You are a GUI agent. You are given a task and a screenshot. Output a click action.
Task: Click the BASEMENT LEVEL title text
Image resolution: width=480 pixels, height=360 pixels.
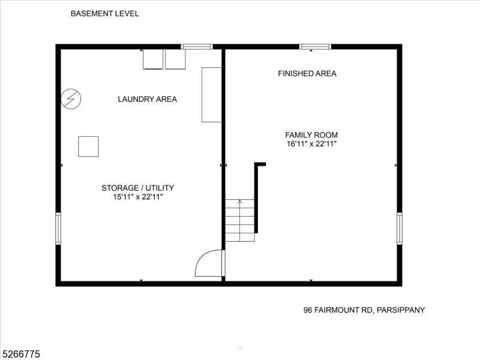click(105, 13)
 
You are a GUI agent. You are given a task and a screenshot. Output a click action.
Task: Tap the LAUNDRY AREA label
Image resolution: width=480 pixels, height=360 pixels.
click(147, 99)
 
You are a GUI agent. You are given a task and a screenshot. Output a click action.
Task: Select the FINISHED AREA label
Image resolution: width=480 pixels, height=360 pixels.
click(307, 74)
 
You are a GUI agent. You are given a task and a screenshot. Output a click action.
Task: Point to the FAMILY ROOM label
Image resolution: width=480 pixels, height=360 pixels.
click(311, 135)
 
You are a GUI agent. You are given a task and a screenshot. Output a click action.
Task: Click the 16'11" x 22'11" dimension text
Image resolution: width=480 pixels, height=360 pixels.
click(311, 144)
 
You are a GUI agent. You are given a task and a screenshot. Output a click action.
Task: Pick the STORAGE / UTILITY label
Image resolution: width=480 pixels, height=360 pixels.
click(137, 188)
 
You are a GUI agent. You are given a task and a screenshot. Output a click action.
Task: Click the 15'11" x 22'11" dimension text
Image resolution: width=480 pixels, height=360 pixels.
click(137, 197)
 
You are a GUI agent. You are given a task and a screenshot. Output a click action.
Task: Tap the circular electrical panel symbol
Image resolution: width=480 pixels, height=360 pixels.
click(71, 98)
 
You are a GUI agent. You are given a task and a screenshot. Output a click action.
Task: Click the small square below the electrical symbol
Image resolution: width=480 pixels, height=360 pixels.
click(88, 146)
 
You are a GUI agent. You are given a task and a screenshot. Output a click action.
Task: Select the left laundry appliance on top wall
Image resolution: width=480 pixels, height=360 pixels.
click(153, 59)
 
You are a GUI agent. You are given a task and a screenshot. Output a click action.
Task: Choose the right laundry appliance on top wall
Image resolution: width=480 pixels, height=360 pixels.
click(175, 59)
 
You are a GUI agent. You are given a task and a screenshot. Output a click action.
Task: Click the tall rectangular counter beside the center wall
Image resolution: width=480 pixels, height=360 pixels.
click(212, 95)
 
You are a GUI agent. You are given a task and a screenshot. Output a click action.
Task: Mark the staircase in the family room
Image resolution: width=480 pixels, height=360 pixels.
click(240, 220)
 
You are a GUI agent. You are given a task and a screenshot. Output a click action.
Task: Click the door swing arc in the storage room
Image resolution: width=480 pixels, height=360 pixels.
click(208, 264)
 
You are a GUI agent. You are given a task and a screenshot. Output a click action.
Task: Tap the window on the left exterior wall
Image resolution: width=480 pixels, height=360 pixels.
click(58, 229)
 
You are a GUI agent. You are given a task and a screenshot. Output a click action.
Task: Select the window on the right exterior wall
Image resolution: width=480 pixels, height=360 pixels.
click(400, 229)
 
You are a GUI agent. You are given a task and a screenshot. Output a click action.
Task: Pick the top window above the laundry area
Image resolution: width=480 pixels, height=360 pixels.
click(197, 46)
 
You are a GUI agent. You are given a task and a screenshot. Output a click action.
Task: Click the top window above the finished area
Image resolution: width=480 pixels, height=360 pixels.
click(315, 46)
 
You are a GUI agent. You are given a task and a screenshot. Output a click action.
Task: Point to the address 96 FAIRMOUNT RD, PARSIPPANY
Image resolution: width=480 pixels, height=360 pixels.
click(364, 310)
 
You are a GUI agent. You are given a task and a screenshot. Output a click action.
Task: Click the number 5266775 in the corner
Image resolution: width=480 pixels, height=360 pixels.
click(20, 355)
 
